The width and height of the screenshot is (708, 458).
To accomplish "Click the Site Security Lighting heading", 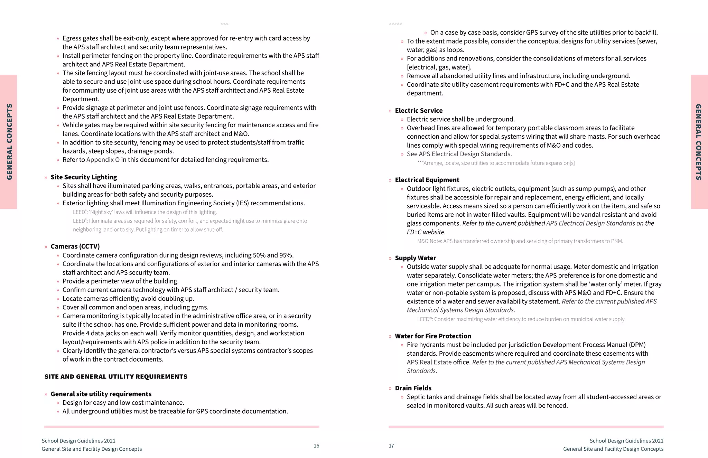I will click(84, 177).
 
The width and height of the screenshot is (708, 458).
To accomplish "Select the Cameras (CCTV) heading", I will click(75, 246).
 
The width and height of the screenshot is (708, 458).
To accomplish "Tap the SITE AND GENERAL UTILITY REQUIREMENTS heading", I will click(116, 377).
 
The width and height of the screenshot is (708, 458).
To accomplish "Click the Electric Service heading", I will click(419, 111).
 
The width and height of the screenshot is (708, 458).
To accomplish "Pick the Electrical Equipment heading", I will click(427, 180).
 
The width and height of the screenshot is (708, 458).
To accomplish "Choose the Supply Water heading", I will click(415, 258).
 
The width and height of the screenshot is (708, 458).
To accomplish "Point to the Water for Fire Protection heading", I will click(433, 336).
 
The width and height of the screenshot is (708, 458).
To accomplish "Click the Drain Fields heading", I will click(413, 388).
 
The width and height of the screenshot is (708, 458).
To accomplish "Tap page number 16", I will click(316, 446).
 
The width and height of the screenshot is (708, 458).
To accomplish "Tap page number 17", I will click(391, 446).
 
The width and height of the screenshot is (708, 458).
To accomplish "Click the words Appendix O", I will click(103, 160).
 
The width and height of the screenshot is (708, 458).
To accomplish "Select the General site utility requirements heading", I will click(101, 394).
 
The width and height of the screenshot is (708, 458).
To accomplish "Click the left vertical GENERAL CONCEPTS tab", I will click(9, 142).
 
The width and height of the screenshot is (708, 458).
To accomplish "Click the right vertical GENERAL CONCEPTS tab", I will click(699, 142).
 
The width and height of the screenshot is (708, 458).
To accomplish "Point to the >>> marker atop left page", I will click(224, 24).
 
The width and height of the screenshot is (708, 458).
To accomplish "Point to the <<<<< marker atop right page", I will click(395, 24).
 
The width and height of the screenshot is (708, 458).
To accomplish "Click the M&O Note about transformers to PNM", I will click(520, 241).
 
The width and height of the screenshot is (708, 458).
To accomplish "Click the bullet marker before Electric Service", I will click(390, 111).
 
